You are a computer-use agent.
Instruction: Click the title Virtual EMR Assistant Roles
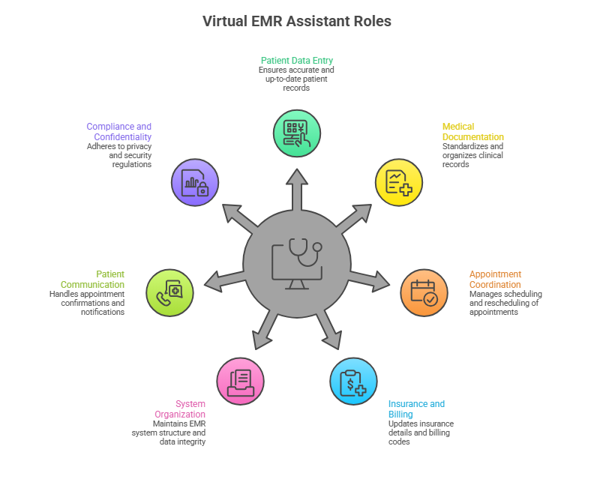coord(297,21)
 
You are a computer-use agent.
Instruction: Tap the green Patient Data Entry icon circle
coord(297,133)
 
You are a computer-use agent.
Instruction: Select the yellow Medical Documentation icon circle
coord(398,182)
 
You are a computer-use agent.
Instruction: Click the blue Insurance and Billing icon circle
coord(353,382)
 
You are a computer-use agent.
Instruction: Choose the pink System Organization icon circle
coord(240,381)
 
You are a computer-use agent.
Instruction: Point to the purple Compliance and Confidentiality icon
coord(195,182)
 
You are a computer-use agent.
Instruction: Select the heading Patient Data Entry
coord(297,60)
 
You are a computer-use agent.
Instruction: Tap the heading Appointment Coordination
coord(495,280)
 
